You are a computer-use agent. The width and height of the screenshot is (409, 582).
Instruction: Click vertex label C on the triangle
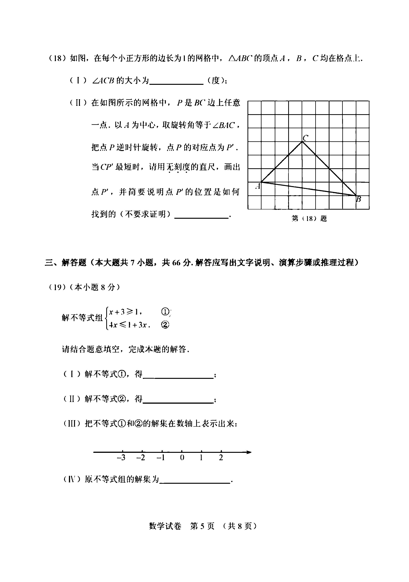click(x=305, y=138)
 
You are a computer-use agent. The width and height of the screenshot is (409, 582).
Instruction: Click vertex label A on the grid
click(x=258, y=186)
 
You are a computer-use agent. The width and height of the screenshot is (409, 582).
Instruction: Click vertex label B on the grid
click(x=359, y=199)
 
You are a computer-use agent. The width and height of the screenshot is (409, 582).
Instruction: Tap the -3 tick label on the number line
click(x=121, y=458)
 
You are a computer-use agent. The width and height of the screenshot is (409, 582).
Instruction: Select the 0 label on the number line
click(x=182, y=458)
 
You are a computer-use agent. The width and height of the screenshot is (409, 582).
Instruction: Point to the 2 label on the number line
click(x=221, y=458)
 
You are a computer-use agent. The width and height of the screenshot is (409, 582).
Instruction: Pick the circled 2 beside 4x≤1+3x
click(x=165, y=325)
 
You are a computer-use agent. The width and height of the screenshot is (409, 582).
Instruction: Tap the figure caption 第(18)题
click(x=309, y=218)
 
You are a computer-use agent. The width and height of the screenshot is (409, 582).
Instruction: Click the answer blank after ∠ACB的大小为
click(x=176, y=82)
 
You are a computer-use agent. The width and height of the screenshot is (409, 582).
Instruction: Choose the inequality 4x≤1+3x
click(x=129, y=325)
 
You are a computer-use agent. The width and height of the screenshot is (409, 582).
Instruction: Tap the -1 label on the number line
click(x=161, y=458)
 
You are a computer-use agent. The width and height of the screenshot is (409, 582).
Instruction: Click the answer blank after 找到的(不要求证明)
click(x=201, y=215)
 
